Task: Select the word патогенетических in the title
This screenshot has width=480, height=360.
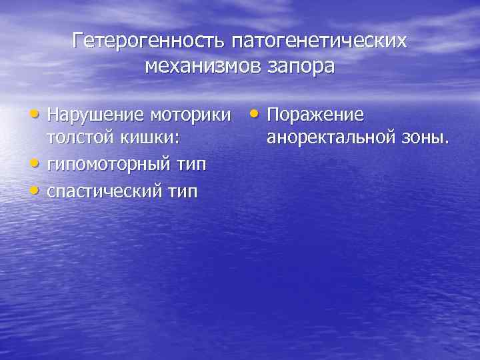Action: click(x=319, y=42)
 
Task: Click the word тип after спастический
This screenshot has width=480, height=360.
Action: click(x=183, y=191)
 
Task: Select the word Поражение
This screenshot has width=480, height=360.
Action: click(x=315, y=115)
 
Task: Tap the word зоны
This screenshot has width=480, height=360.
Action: click(x=423, y=139)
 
